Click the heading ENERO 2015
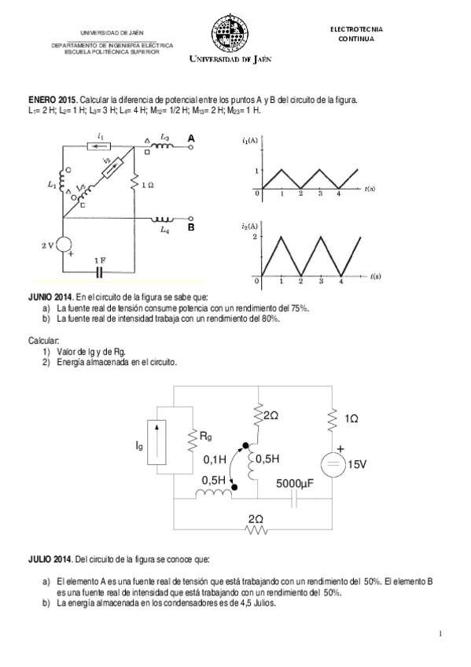[x=53, y=101]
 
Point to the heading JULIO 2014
[x=50, y=560]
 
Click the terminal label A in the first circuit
[x=191, y=138]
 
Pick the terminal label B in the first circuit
[x=191, y=228]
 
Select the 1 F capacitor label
[x=99, y=260]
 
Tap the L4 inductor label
[x=164, y=230]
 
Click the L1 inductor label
[x=52, y=185]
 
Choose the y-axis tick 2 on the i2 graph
[x=256, y=236]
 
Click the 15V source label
[x=357, y=465]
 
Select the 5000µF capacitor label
[x=295, y=485]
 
